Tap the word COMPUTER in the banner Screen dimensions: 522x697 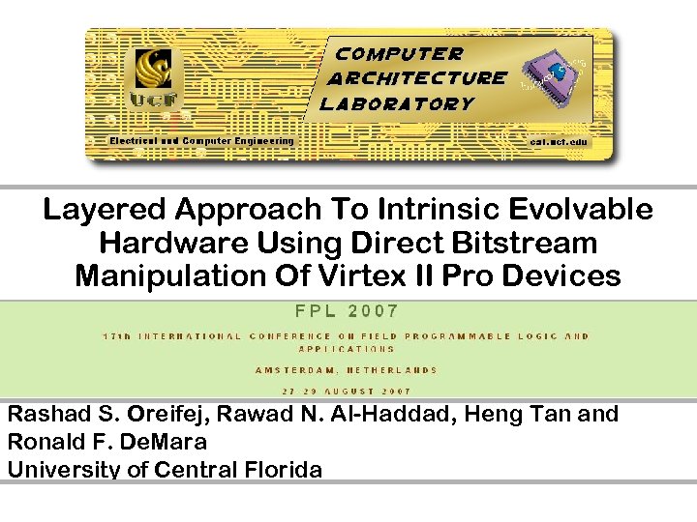399,54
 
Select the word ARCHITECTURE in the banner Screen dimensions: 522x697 417,78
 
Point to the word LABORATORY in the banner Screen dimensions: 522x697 397,103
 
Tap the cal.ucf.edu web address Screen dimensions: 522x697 559,141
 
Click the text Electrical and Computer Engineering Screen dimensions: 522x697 201,141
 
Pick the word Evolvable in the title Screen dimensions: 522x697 584,210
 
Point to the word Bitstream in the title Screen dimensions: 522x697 534,243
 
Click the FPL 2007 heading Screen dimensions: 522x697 347,311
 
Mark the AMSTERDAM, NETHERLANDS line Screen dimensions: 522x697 347,369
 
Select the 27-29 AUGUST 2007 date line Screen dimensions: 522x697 347,391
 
